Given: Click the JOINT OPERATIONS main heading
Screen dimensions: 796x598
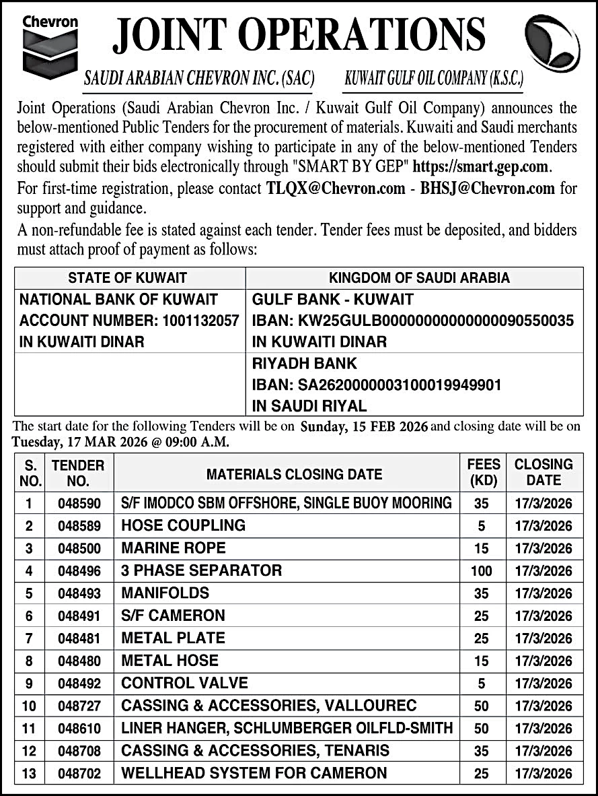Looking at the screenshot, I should click(299, 35).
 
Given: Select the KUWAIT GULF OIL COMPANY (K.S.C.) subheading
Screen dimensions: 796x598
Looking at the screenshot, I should click(433, 79).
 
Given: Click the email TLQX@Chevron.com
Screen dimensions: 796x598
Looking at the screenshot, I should click(336, 189).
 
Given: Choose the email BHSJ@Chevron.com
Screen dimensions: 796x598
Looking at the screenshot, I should click(488, 189).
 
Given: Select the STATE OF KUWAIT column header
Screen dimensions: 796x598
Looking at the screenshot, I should click(128, 277).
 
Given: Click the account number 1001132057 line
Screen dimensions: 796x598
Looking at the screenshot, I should click(129, 321).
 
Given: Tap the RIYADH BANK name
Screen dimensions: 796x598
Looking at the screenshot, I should click(304, 364).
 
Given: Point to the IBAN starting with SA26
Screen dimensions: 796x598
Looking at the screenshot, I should click(377, 385).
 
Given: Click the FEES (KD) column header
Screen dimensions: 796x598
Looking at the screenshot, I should click(484, 472).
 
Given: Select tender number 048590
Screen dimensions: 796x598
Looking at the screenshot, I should click(79, 503).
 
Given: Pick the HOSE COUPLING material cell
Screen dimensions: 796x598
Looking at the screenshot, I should click(184, 525).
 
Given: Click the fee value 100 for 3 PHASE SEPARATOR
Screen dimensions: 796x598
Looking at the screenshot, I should click(481, 571).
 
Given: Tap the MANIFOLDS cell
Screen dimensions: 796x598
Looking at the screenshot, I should click(165, 593).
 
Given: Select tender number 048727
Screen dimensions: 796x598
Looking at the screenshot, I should click(79, 706).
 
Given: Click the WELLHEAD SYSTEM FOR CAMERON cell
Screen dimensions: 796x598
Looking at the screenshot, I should click(254, 773).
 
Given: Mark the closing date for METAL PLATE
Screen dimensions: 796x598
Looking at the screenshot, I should click(544, 638).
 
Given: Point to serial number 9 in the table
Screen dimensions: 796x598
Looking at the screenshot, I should click(29, 684).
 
